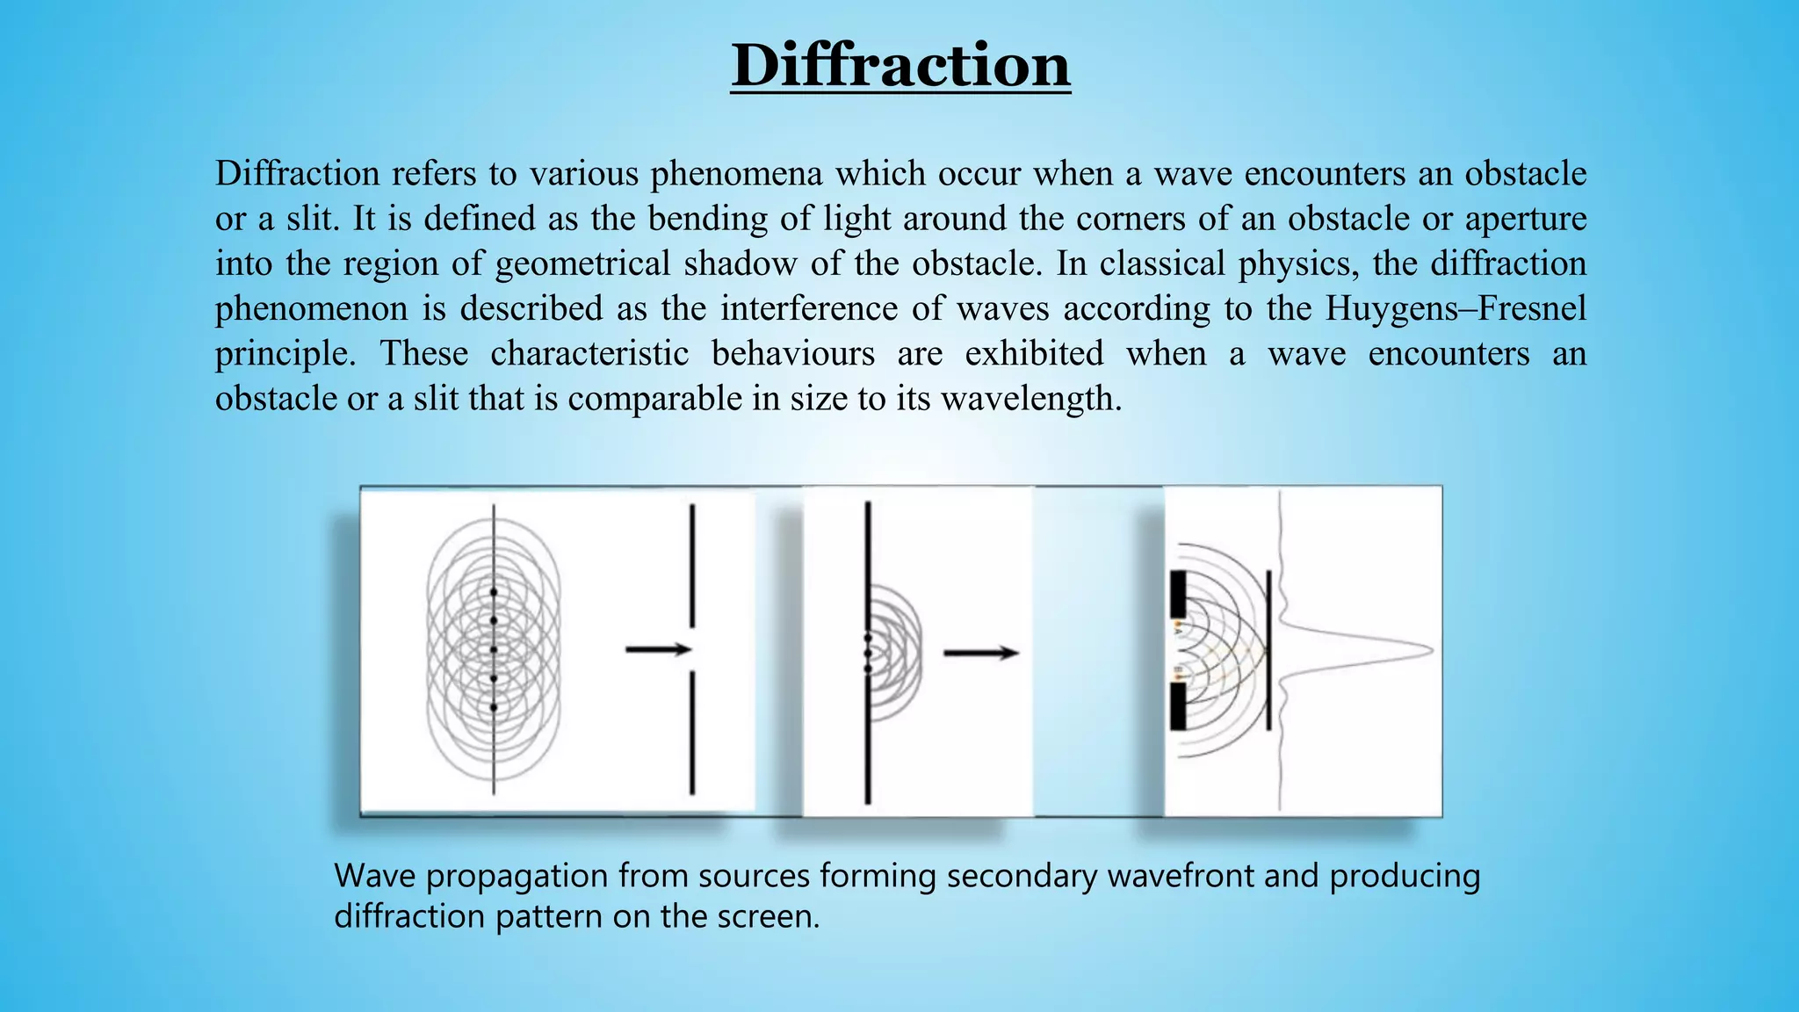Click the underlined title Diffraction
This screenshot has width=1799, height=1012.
tap(900, 66)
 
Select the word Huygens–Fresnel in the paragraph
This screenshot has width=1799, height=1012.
tap(1456, 308)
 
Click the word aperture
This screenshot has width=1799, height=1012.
tap(1525, 219)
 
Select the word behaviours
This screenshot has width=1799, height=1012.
tap(792, 354)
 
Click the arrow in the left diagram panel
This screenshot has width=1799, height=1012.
tap(658, 650)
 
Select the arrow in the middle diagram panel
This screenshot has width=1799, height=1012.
tap(980, 653)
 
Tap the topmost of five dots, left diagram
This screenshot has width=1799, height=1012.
tap(494, 592)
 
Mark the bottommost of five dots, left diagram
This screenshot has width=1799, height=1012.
tap(494, 707)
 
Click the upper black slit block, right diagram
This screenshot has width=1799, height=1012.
tap(1178, 594)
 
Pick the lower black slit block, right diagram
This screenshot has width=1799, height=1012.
tap(1178, 706)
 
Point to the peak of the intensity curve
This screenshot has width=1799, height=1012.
tap(1430, 651)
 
